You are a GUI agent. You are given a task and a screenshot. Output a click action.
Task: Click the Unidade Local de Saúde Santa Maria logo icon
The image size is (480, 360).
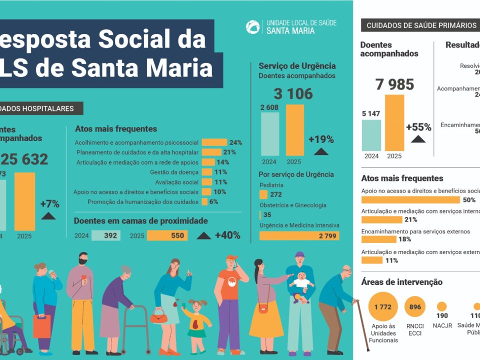click(253, 27)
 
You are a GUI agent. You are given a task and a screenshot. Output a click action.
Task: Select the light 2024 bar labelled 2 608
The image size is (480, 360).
click(270, 133)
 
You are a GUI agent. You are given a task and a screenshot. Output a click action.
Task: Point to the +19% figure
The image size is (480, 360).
click(320, 138)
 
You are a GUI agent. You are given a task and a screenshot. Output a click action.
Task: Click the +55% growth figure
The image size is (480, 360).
click(418, 127)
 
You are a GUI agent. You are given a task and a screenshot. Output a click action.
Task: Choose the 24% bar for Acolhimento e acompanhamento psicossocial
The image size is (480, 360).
click(214, 142)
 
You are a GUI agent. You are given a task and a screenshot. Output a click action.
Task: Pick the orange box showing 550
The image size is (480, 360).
click(167, 235)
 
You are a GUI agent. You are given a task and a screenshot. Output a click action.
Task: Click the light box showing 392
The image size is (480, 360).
click(105, 235)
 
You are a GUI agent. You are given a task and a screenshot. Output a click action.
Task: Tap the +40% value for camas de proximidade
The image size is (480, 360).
click(227, 235)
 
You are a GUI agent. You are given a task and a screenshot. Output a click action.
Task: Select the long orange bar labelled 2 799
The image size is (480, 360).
click(299, 235)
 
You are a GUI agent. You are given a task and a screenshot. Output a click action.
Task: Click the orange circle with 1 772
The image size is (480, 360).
click(383, 307)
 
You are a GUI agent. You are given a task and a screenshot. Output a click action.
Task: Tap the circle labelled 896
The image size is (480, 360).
click(415, 307)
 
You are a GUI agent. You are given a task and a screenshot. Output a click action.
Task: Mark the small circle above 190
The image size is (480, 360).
click(441, 306)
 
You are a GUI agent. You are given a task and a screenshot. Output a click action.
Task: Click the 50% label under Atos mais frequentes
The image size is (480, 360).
click(469, 200)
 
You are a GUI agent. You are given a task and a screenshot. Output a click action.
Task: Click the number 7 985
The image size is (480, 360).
click(394, 84)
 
